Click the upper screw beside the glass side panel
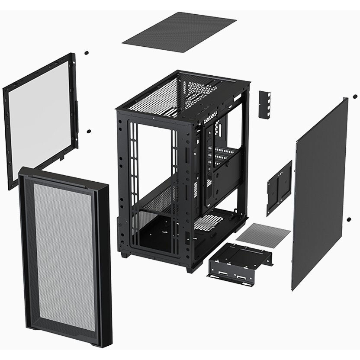pos(86,53)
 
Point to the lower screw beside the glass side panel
pos(89,131)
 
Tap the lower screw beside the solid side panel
pos(349,219)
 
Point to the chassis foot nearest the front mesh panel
pos(125,255)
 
